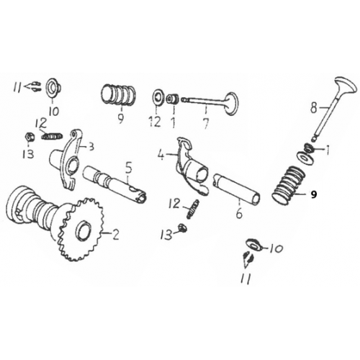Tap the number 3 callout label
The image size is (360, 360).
coord(91,147)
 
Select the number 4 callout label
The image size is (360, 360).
coord(163,153)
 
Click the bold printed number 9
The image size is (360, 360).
coord(313,194)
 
